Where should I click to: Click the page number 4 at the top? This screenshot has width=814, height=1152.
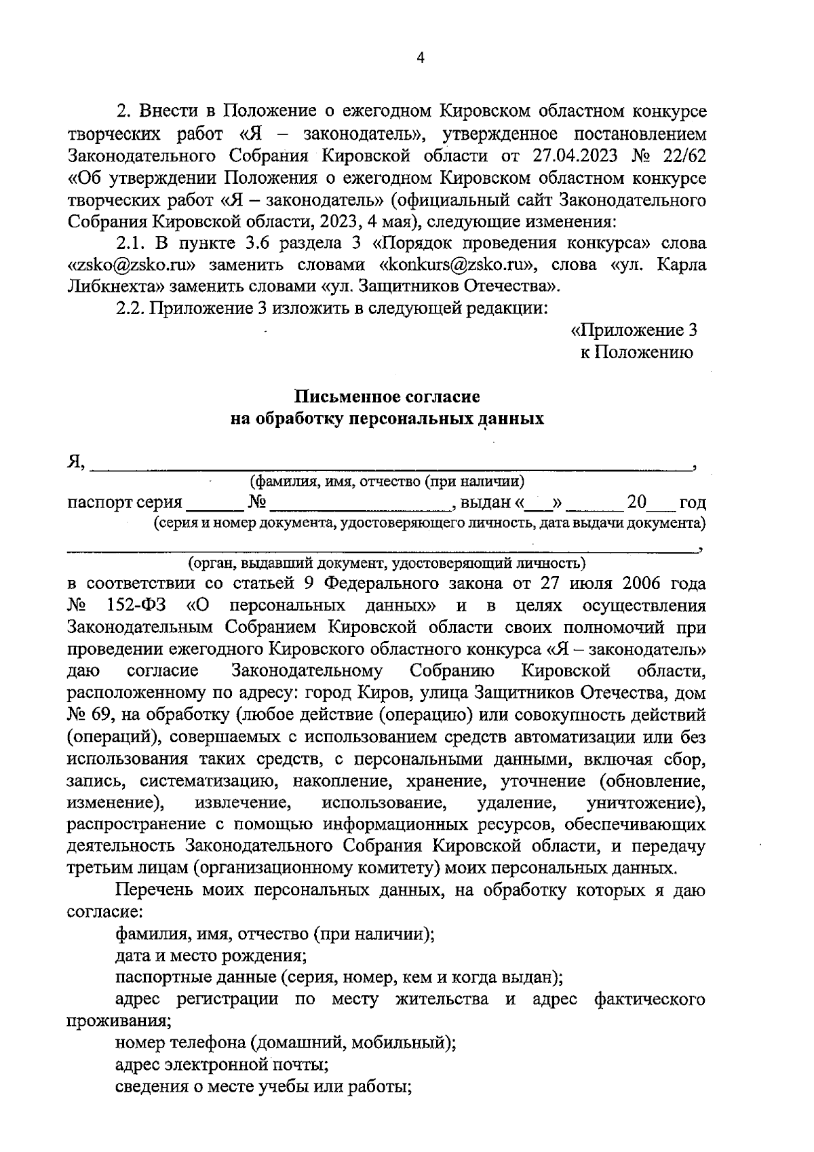[x=420, y=59]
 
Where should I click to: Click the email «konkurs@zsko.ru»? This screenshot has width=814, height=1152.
[x=455, y=265]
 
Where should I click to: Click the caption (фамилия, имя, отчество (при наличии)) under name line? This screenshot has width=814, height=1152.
[x=387, y=482]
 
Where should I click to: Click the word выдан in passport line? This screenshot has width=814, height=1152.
[x=485, y=503]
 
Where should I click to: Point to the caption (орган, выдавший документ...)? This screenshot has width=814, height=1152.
[x=387, y=562]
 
